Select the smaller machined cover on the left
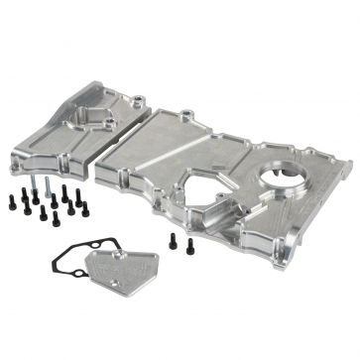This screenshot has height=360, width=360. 74,124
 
